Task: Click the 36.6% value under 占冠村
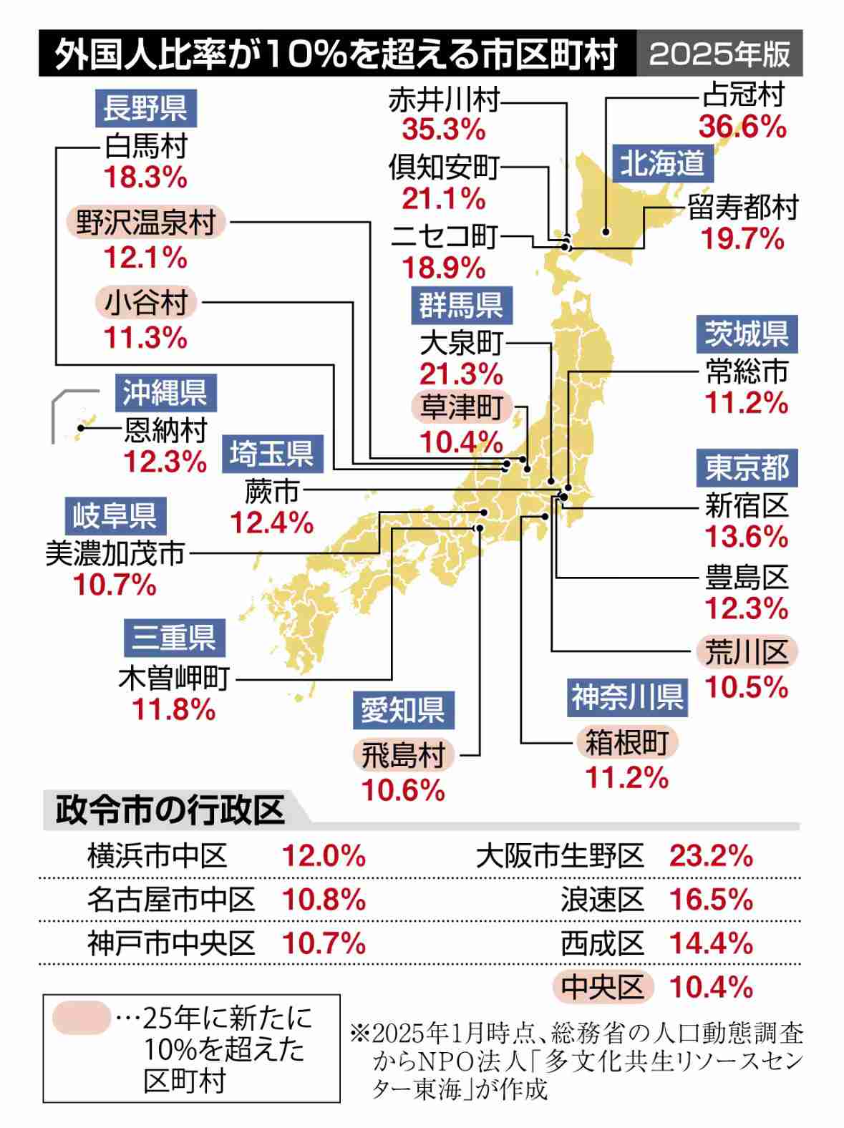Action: pos(742,127)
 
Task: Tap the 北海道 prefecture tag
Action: pos(662,163)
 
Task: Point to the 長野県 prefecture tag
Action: pos(145,108)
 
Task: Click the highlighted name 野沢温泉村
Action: pos(146,223)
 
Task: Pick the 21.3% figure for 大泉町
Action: pos(461,374)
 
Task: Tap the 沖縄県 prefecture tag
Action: pos(165,392)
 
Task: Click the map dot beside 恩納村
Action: pos(82,428)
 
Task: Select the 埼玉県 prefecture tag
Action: pos(272,454)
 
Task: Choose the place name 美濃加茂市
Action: pos(115,553)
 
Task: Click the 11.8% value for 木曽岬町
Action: pos(174,709)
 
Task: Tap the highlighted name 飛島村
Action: pos(404,755)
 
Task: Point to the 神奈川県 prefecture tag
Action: pos(627,697)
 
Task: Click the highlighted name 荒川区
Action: pos(747,652)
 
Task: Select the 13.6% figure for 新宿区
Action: pos(747,536)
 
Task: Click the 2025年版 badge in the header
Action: pos(719,54)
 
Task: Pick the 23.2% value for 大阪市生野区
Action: pos(711,856)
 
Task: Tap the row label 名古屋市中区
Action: pos(171,900)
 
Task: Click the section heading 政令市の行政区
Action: pos(170,810)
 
